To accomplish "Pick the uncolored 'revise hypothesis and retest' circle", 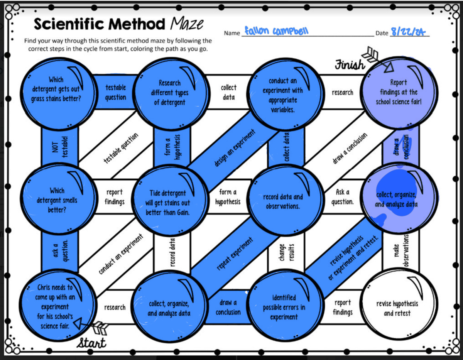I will point(397,308).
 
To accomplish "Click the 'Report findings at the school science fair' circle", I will point(398,93).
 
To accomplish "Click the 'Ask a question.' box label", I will point(343,196).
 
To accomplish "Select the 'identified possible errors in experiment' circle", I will point(284,308).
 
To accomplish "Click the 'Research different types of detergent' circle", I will point(170,93).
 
